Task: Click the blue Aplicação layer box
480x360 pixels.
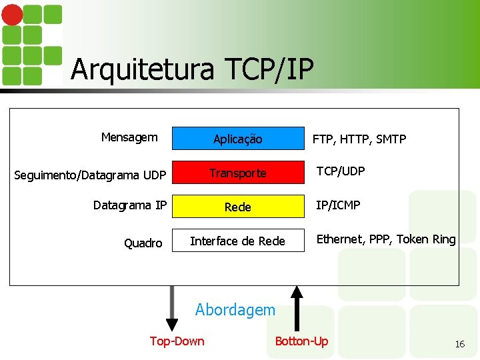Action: [238, 138]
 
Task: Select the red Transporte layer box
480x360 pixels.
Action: [238, 173]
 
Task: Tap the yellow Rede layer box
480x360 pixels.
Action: [238, 207]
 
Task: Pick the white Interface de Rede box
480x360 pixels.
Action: [238, 241]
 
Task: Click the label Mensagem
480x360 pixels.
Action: [129, 137]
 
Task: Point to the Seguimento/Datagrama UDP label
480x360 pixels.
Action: [91, 175]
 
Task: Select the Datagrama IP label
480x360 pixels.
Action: [130, 205]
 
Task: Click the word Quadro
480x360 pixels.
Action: [143, 243]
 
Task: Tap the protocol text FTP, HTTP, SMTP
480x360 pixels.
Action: [359, 139]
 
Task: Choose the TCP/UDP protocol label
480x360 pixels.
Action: [341, 171]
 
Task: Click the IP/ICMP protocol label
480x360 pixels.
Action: [338, 205]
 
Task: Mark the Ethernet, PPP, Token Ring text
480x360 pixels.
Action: [386, 239]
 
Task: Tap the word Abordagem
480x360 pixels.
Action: [235, 309]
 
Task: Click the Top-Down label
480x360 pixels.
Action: [177, 341]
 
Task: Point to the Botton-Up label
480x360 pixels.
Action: [301, 341]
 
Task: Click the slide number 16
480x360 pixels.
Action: [459, 344]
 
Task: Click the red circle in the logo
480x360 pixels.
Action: [13, 14]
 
